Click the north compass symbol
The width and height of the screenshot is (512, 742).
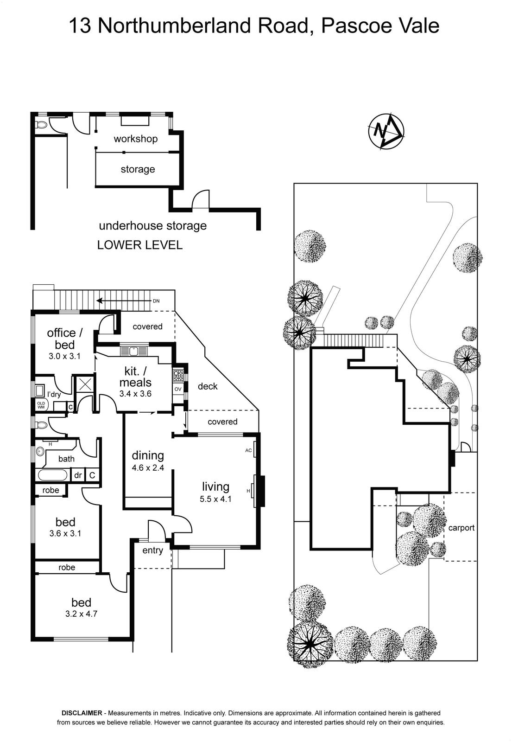point(386,131)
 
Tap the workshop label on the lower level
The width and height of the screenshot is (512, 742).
point(135,139)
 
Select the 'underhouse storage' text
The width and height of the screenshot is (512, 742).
point(152,226)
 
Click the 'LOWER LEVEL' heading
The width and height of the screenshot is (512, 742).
point(139,245)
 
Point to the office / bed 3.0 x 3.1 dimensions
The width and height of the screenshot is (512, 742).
point(65,357)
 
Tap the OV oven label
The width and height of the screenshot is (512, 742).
point(178,389)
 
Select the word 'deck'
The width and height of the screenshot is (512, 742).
point(207,386)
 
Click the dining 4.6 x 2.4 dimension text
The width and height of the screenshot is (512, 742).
point(148,468)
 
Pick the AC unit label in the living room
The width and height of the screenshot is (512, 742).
point(248,450)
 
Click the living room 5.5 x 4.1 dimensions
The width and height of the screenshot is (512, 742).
point(215,499)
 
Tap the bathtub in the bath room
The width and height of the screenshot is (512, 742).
point(52,475)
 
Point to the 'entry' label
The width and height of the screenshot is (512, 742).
point(152,550)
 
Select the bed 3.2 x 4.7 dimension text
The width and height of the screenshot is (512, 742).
point(81,613)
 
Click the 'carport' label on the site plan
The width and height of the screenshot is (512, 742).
point(461,528)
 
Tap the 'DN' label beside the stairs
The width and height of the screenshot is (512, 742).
point(156,301)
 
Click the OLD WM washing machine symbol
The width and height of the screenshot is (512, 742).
point(41,405)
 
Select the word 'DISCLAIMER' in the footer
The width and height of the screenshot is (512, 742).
point(82,713)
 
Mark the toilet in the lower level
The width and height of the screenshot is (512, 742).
point(41,124)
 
